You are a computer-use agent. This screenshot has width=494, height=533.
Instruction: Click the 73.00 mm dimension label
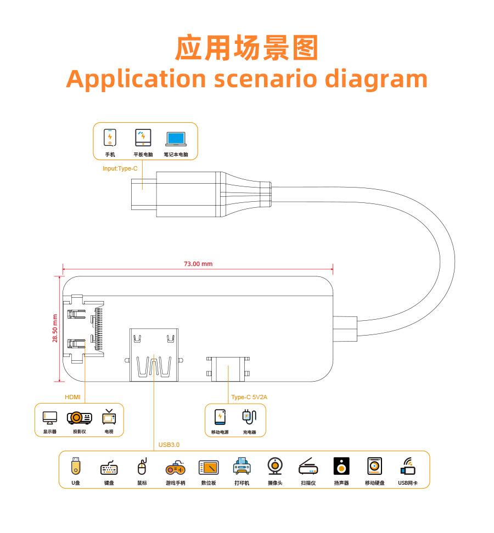pyautogui.click(x=198, y=264)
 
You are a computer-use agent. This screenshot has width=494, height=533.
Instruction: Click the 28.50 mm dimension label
pyautogui.click(x=55, y=328)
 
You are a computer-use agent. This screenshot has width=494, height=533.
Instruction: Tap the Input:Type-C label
pyautogui.click(x=120, y=168)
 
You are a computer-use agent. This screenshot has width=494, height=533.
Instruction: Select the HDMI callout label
pyautogui.click(x=72, y=397)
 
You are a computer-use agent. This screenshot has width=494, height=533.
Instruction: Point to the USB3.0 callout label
pyautogui.click(x=169, y=445)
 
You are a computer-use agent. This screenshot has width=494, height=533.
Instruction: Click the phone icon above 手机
pyautogui.click(x=110, y=137)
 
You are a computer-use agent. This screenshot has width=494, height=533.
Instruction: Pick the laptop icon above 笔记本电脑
pyautogui.click(x=176, y=138)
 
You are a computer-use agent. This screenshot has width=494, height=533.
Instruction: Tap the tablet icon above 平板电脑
pyautogui.click(x=143, y=137)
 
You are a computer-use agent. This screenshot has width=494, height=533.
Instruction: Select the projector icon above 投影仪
pyautogui.click(x=80, y=418)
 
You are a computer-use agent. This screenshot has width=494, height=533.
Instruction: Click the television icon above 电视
pyautogui.click(x=109, y=417)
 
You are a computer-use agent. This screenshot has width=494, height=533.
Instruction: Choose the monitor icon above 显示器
pyautogui.click(x=50, y=418)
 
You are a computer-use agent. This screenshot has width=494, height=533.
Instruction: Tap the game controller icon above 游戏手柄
pyautogui.click(x=176, y=468)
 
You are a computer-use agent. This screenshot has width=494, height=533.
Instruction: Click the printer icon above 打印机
pyautogui.click(x=242, y=467)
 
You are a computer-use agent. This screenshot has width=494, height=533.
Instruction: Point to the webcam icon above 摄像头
pyautogui.click(x=275, y=466)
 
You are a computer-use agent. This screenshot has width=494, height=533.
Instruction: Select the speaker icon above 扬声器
pyautogui.click(x=341, y=467)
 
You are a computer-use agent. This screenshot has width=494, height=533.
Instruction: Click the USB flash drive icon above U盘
pyautogui.click(x=76, y=467)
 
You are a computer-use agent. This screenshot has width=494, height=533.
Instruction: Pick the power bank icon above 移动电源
pyautogui.click(x=220, y=417)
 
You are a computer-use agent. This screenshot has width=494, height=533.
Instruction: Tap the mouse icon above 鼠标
pyautogui.click(x=142, y=467)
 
